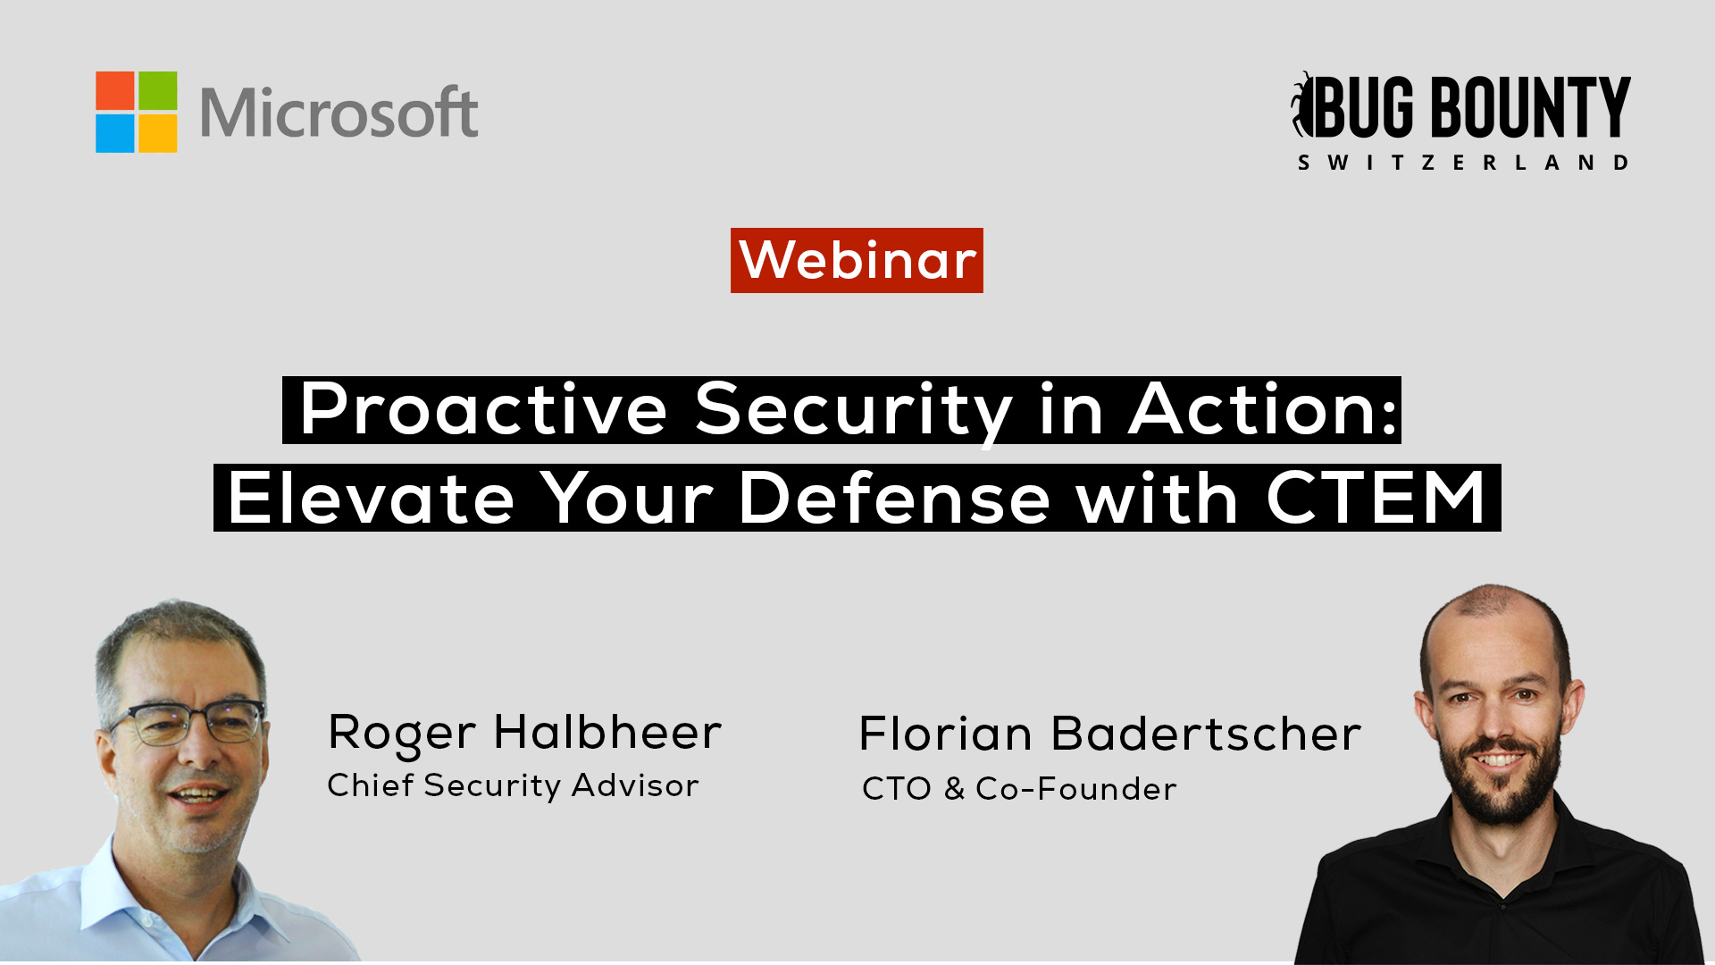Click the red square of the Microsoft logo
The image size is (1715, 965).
tap(115, 91)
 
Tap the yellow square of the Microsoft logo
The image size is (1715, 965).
tap(158, 133)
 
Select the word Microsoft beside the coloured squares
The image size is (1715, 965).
tap(339, 113)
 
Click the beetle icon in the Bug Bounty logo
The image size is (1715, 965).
tap(1303, 105)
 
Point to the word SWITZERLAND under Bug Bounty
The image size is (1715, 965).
tap(1463, 163)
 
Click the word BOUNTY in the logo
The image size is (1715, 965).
tap(1531, 106)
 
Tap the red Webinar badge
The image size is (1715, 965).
tap(857, 260)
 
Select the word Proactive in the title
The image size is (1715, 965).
tap(483, 409)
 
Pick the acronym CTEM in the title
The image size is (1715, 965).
tap(1376, 497)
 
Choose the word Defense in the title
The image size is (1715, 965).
tap(895, 498)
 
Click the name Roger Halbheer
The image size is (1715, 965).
tap(524, 734)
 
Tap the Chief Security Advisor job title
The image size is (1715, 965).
tap(513, 785)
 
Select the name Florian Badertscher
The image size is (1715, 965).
tap(1110, 734)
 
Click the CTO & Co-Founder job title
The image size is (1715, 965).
tap(1019, 789)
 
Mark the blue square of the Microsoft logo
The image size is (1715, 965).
tap(115, 133)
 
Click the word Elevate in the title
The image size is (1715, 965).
tap(372, 498)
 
